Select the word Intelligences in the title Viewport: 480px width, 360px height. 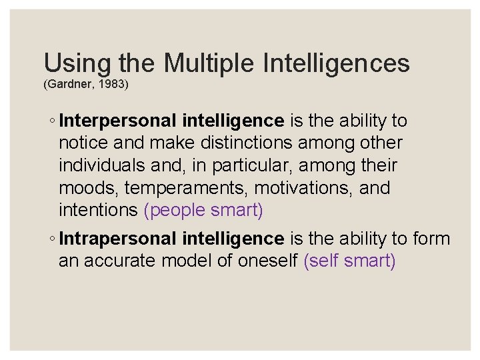pos(337,63)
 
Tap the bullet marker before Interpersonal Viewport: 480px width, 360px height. pos(52,121)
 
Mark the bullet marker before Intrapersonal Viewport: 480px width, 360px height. pos(52,239)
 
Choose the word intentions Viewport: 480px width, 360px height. pos(99,211)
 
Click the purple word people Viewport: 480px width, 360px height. pos(175,211)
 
